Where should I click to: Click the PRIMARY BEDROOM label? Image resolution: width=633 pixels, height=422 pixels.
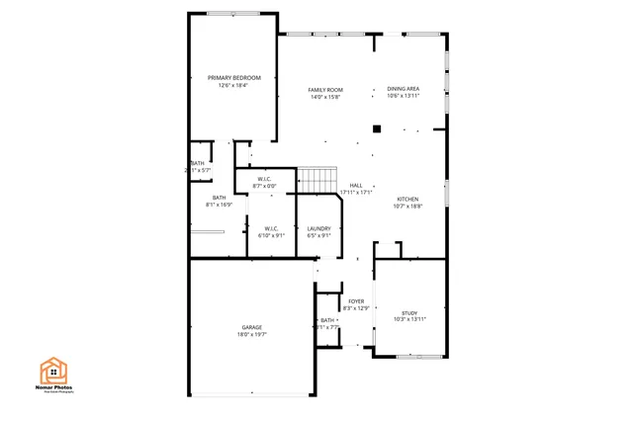pyautogui.click(x=233, y=77)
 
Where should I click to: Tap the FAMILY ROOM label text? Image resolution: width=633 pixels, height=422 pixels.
pyautogui.click(x=325, y=89)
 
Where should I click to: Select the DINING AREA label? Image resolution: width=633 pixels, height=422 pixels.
pyautogui.click(x=403, y=89)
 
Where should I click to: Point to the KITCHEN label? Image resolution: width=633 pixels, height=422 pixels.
pyautogui.click(x=407, y=199)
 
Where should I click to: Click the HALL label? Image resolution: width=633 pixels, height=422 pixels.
pyautogui.click(x=355, y=184)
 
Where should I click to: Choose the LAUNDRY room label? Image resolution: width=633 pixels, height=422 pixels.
pyautogui.click(x=318, y=228)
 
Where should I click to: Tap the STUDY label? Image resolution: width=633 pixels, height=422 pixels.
pyautogui.click(x=408, y=311)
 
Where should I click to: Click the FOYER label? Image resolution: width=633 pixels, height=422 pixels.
pyautogui.click(x=356, y=300)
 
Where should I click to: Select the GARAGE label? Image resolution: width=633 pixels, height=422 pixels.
pyautogui.click(x=252, y=327)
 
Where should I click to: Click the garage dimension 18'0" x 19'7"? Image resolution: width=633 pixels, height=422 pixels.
pyautogui.click(x=252, y=335)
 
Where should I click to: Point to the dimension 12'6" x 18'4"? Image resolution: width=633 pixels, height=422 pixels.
pyautogui.click(x=233, y=85)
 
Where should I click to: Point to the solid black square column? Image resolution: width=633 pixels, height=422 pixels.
pyautogui.click(x=376, y=127)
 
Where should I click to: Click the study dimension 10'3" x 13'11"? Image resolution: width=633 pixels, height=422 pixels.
pyautogui.click(x=408, y=319)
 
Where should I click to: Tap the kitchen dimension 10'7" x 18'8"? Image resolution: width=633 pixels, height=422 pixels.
pyautogui.click(x=407, y=207)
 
